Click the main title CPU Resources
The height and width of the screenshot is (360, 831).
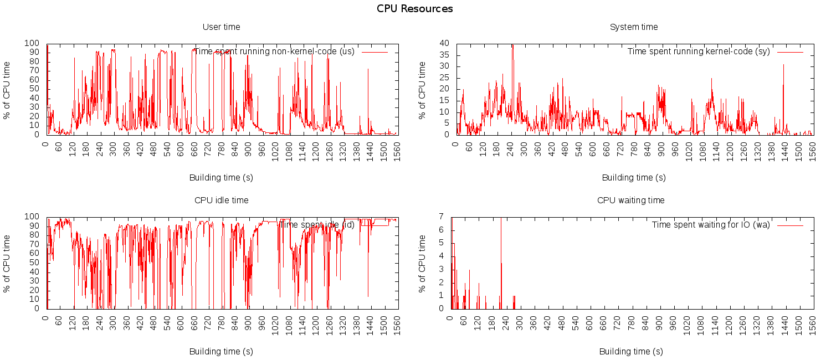pyautogui.click(x=415, y=9)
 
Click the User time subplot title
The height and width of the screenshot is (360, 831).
pyautogui.click(x=221, y=27)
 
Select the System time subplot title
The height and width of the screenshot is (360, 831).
pyautogui.click(x=634, y=27)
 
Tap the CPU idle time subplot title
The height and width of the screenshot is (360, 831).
pyautogui.click(x=221, y=200)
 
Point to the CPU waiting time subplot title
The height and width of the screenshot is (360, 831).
pyautogui.click(x=630, y=200)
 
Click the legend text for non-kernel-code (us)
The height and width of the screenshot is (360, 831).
pyautogui.click(x=274, y=52)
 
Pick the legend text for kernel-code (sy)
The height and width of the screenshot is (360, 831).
pyautogui.click(x=698, y=52)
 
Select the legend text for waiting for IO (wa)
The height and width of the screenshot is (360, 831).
pyautogui.click(x=710, y=225)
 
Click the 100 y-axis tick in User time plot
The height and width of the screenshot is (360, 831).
pyautogui.click(x=33, y=43)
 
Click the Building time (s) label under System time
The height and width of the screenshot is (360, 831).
pyautogui.click(x=634, y=178)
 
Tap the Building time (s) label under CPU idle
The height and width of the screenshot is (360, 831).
pyautogui.click(x=221, y=351)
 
